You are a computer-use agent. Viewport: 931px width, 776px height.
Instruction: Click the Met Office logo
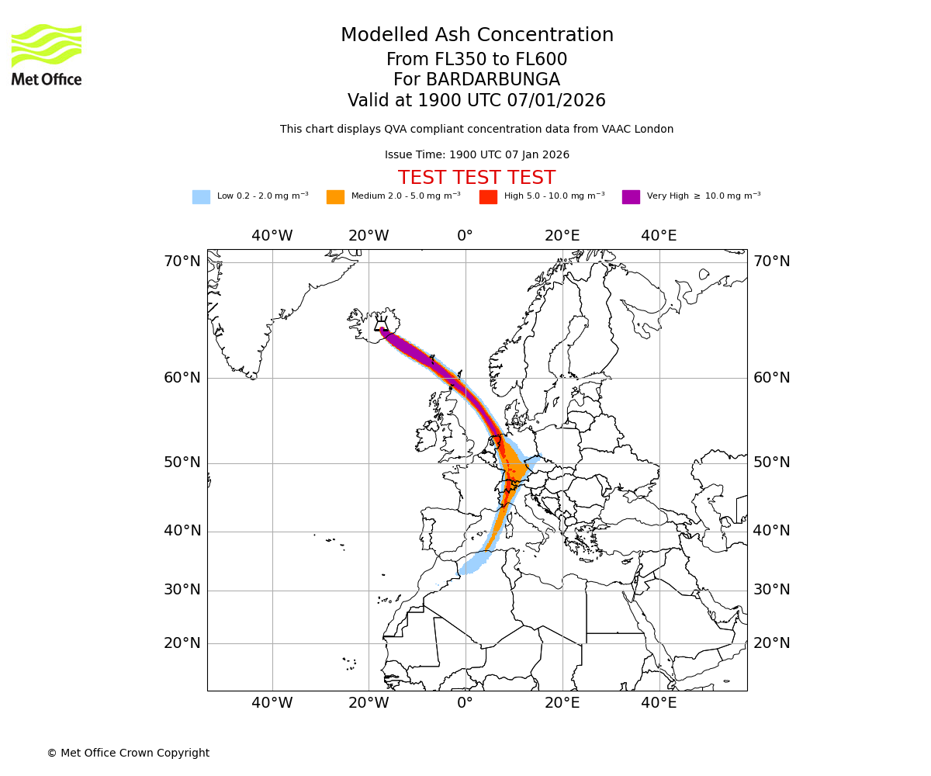click(47, 54)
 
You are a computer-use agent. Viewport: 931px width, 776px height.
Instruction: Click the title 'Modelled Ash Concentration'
click(477, 35)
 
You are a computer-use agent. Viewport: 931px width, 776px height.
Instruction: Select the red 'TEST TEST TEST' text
click(476, 178)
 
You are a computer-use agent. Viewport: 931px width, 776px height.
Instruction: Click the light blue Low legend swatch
click(201, 197)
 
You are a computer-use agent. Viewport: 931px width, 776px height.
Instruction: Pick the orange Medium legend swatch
click(335, 197)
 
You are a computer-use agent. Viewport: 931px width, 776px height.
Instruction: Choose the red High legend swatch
click(488, 197)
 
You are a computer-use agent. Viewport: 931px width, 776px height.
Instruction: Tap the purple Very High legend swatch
click(631, 197)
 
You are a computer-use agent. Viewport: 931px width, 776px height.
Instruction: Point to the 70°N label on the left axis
click(182, 262)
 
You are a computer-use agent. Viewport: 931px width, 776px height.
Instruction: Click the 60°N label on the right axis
click(772, 378)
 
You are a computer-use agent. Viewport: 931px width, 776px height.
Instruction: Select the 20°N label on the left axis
click(182, 643)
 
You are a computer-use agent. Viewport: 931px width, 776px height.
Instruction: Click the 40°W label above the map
click(272, 236)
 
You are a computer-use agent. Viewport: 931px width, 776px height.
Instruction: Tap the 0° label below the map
click(465, 703)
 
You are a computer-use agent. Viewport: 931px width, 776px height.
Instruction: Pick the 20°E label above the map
click(562, 236)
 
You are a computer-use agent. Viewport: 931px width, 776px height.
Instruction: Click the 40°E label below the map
click(659, 703)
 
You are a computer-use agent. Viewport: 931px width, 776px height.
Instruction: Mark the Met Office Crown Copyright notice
click(128, 753)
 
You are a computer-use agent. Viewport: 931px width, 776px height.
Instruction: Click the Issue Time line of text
click(476, 155)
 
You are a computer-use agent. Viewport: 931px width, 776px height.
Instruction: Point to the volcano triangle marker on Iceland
click(381, 326)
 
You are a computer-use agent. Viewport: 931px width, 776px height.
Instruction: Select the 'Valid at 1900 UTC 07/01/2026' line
click(476, 101)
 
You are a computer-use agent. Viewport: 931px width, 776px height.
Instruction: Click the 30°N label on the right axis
click(772, 590)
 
